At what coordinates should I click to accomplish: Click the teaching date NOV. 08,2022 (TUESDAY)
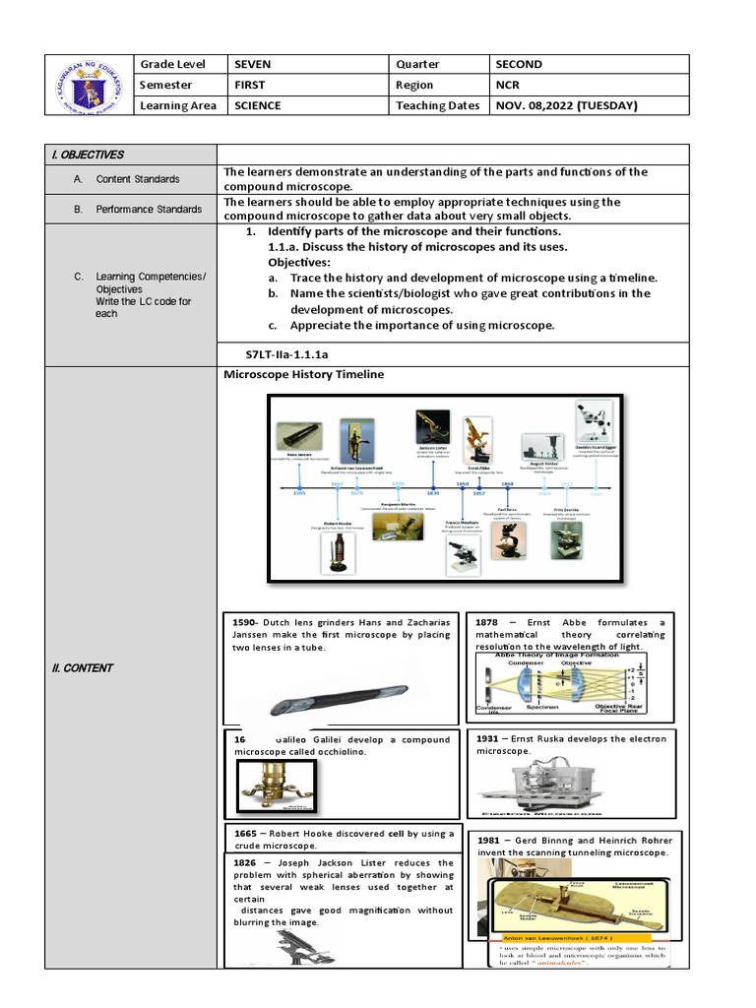click(568, 105)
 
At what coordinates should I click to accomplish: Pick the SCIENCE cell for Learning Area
click(257, 105)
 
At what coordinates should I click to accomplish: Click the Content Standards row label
click(138, 179)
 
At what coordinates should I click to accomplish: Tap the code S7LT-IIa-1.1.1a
click(285, 353)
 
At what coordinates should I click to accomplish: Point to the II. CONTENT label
click(83, 667)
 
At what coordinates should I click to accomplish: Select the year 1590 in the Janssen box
click(244, 623)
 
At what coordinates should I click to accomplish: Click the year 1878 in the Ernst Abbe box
click(487, 623)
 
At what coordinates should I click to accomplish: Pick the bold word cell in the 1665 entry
click(397, 833)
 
